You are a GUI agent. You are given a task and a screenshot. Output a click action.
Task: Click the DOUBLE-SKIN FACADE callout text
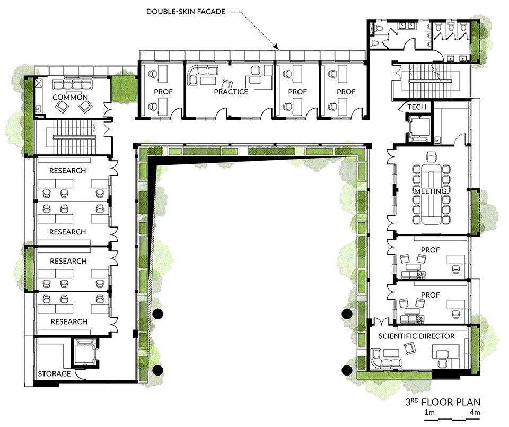click(x=186, y=11)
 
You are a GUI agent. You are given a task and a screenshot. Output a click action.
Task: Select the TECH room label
click(x=417, y=107)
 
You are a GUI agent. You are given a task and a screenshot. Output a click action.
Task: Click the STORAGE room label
click(x=54, y=374)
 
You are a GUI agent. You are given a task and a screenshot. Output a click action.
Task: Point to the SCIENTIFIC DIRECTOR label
click(x=417, y=336)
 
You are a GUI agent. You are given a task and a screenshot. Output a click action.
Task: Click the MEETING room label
click(x=431, y=191)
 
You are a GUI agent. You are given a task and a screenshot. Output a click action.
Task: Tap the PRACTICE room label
click(x=231, y=92)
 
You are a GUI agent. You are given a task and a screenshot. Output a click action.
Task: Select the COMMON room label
click(x=70, y=97)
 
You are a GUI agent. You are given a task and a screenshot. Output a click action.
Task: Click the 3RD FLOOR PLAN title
click(x=442, y=402)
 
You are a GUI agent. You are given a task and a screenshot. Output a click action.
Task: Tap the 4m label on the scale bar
click(x=475, y=413)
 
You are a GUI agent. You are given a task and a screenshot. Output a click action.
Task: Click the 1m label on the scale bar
click(x=429, y=413)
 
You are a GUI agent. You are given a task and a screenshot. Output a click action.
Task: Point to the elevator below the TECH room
click(x=419, y=129)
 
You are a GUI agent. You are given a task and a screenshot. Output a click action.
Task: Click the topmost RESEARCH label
click(x=67, y=171)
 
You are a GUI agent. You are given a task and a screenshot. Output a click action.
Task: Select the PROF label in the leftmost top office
click(x=163, y=92)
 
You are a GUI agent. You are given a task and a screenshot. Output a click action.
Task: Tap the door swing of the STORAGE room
click(x=80, y=374)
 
